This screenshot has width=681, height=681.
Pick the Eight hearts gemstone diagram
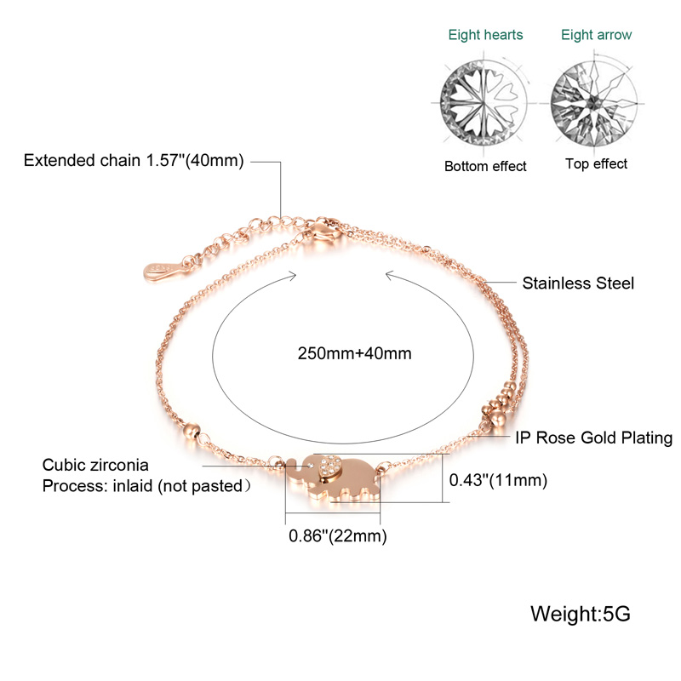click(x=483, y=104)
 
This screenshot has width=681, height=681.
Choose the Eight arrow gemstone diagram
click(x=594, y=103)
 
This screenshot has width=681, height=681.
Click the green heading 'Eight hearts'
click(x=485, y=35)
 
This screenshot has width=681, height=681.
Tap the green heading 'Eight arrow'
click(x=597, y=35)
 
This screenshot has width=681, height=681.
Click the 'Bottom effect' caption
click(x=485, y=166)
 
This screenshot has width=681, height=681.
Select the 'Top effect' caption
click(x=597, y=164)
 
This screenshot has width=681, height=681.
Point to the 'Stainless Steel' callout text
click(x=578, y=283)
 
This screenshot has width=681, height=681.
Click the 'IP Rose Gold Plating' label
click(x=593, y=438)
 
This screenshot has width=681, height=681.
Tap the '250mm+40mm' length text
click(x=354, y=353)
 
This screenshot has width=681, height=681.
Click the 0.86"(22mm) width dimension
click(x=337, y=536)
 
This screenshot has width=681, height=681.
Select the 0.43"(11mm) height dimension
click(x=498, y=480)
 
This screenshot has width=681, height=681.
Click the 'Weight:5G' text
click(x=581, y=614)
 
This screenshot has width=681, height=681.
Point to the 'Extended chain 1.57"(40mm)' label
click(x=134, y=161)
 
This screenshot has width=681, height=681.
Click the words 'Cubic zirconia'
click(x=95, y=465)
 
